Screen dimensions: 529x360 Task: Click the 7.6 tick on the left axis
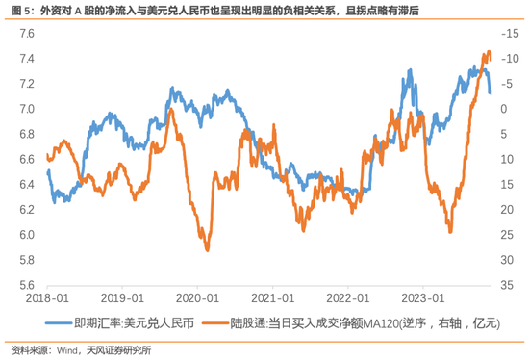click(27, 34)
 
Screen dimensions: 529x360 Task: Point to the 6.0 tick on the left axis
click(27, 235)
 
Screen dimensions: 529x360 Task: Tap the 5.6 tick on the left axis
click(27, 285)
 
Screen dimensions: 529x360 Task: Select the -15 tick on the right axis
click(510, 34)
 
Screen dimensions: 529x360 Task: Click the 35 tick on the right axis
click(507, 285)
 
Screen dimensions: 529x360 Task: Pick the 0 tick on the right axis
click(504, 109)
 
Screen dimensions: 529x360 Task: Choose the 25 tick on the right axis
click(507, 235)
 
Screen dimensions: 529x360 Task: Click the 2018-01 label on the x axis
click(47, 298)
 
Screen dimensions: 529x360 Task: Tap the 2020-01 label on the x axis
click(198, 298)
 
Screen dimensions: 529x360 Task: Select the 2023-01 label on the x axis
click(423, 298)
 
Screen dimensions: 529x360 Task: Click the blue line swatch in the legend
click(59, 323)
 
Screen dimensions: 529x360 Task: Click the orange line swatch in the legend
click(215, 323)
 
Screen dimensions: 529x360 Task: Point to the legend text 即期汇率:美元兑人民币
click(135, 323)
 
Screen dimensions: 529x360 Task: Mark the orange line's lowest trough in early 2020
click(207, 250)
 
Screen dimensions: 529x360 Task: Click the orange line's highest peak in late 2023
click(489, 52)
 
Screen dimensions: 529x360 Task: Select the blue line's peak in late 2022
click(410, 70)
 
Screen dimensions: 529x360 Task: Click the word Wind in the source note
click(66, 350)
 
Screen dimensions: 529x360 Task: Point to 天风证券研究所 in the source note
click(118, 350)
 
